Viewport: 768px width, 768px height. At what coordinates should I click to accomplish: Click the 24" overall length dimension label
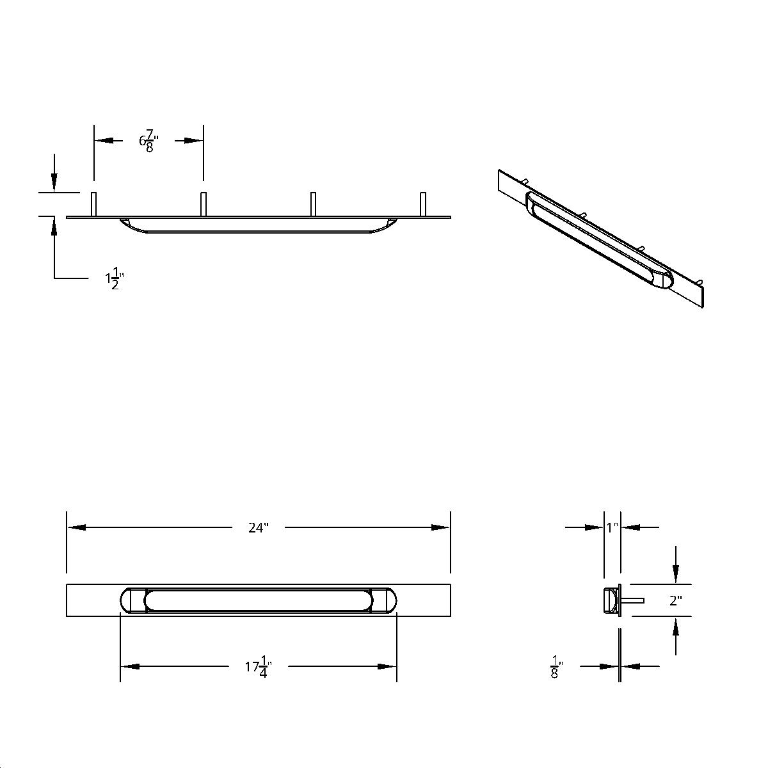[259, 528]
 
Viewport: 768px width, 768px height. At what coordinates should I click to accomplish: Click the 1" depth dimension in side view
[612, 528]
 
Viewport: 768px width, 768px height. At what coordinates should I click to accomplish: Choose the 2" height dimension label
[676, 601]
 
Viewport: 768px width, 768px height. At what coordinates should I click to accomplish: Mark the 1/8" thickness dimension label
[554, 668]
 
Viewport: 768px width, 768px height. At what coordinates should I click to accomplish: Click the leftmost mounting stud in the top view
[94, 204]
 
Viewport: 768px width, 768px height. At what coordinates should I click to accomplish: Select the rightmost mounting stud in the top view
[422, 204]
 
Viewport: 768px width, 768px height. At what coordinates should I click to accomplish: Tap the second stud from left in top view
[204, 204]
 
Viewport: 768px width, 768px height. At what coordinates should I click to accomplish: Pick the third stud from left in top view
[313, 204]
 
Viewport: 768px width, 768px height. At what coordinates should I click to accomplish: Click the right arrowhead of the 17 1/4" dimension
[387, 667]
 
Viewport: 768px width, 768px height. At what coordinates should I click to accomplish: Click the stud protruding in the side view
[633, 600]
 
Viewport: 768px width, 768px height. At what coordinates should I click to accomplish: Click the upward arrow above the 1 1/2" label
[55, 227]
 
